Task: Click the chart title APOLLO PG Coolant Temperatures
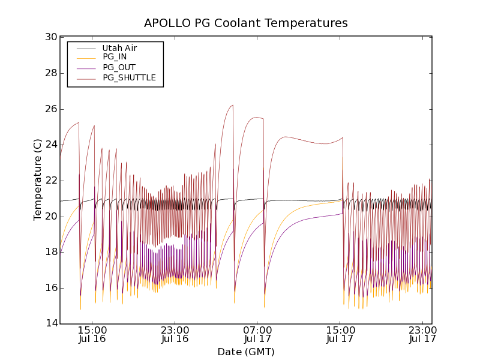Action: pos(245,23)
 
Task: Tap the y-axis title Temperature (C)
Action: pos(38,179)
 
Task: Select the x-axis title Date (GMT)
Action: pos(245,352)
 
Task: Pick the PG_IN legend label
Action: pos(115,57)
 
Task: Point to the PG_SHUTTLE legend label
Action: pos(129,77)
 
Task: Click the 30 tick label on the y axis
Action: pos(51,37)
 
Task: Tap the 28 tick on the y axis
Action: pos(51,73)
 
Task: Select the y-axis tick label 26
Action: pos(51,109)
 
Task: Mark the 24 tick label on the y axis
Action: pos(51,145)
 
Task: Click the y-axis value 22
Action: pos(51,181)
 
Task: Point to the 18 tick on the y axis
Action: pos(51,252)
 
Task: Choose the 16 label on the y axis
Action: pos(51,288)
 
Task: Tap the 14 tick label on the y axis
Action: pos(51,324)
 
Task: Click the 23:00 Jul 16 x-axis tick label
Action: pos(175,334)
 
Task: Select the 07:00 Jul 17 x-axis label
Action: pos(258,334)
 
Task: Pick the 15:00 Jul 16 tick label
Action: pos(92,334)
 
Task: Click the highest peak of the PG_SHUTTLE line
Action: pos(232,105)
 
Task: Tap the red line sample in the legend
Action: pos(86,77)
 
